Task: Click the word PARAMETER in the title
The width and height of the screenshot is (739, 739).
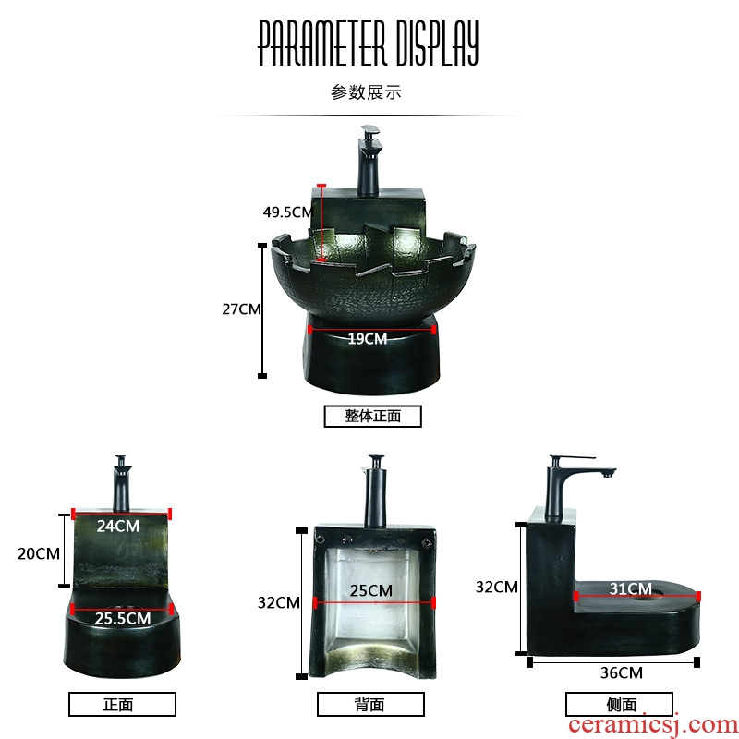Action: pyautogui.click(x=322, y=42)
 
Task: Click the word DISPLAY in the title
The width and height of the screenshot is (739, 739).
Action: pyautogui.click(x=437, y=42)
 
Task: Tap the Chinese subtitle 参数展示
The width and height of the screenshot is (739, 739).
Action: pyautogui.click(x=366, y=91)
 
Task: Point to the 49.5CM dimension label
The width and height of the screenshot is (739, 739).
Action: pyautogui.click(x=287, y=212)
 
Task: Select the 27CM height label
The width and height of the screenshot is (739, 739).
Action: pyautogui.click(x=241, y=309)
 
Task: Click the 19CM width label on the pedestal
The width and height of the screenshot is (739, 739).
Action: pyautogui.click(x=368, y=338)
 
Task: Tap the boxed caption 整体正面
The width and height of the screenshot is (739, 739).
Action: pyautogui.click(x=373, y=417)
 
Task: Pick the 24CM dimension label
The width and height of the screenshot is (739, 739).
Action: pyautogui.click(x=118, y=526)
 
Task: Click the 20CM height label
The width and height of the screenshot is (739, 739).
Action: pyautogui.click(x=39, y=553)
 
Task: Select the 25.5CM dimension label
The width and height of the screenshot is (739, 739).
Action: pyautogui.click(x=123, y=618)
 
